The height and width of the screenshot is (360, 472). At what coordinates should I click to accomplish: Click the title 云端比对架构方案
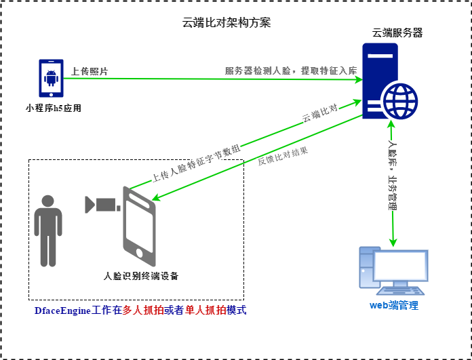(227, 22)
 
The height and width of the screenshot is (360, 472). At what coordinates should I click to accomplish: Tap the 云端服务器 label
(397, 33)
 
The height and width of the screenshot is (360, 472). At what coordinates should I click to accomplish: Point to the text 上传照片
(90, 71)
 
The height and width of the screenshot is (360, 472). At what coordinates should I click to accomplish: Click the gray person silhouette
(47, 231)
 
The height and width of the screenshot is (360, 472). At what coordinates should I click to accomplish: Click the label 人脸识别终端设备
(141, 276)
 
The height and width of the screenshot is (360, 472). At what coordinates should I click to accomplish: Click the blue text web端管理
(393, 305)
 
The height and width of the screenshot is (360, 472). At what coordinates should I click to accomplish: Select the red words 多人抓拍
(143, 311)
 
